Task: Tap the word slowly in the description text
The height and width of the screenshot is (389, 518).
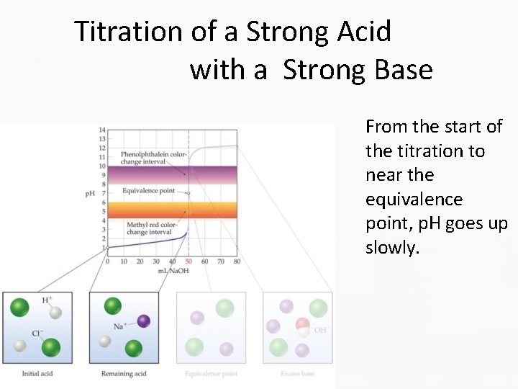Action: coord(391,248)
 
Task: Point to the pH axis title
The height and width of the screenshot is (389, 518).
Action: coord(90,194)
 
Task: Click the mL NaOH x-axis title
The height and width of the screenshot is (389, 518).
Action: coord(173,271)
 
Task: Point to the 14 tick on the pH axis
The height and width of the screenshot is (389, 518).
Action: coord(102,130)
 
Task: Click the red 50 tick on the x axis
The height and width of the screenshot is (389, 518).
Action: coord(188,261)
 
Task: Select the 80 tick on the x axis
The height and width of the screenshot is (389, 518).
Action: coord(237,261)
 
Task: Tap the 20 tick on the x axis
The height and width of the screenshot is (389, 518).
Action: coord(140,261)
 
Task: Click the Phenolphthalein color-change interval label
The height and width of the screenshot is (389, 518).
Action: coord(153,158)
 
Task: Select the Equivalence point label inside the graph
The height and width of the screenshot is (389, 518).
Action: coord(148,191)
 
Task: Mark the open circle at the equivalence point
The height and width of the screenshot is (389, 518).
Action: coord(188,193)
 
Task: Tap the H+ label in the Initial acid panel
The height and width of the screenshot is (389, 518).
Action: coord(47,300)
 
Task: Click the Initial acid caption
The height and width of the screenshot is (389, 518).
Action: coord(37,373)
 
